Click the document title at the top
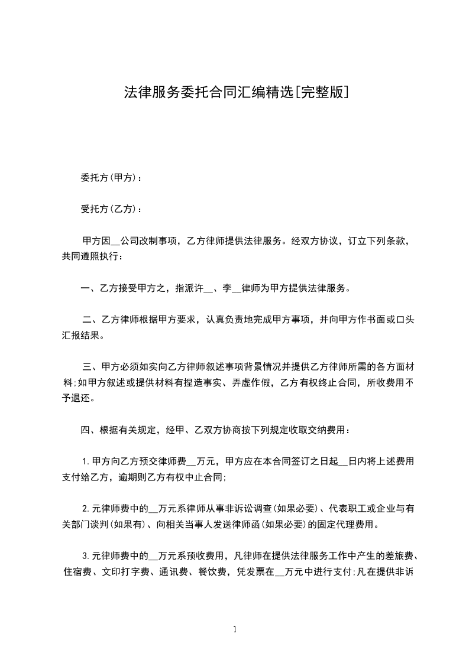(235, 92)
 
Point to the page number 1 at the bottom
(235, 630)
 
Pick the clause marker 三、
(92, 366)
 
